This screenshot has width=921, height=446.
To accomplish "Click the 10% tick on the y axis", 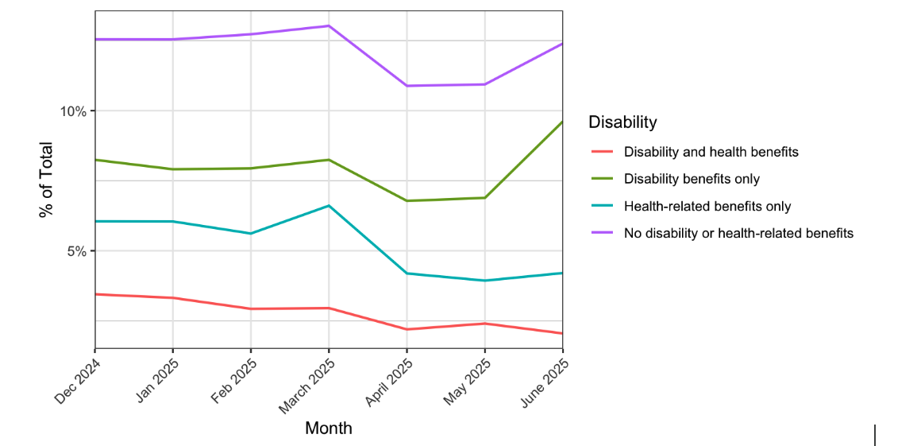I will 73,111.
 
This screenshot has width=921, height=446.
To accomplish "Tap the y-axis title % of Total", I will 46,180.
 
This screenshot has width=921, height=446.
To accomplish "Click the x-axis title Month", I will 328,429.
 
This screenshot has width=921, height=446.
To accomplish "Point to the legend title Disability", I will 622,122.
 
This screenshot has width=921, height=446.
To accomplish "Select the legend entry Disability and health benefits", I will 711,152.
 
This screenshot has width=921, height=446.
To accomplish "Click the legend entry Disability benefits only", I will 692,179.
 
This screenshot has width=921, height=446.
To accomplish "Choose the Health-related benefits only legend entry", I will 707,207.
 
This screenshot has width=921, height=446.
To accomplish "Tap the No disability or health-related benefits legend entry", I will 738,234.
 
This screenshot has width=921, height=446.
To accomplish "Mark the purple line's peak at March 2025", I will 329,26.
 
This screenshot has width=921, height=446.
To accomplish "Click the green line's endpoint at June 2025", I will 562,122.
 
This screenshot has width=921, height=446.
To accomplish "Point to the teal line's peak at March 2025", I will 329,206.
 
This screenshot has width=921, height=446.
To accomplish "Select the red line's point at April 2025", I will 407,329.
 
